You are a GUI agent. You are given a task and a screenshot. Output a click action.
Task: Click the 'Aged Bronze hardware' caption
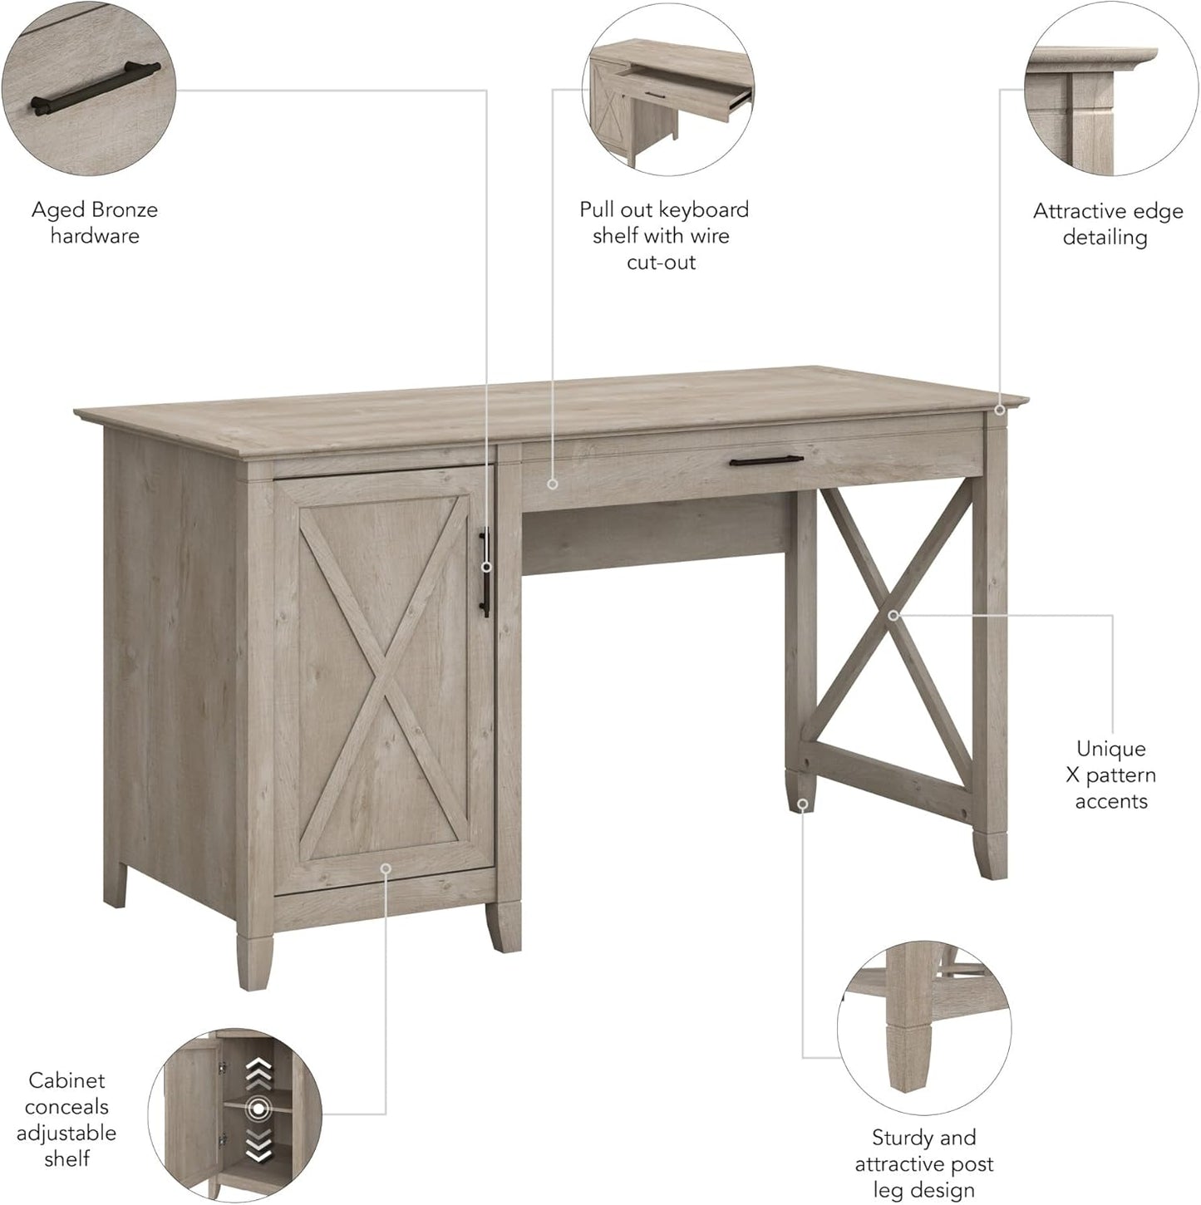95,223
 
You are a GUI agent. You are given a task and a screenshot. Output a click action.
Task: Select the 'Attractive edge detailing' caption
1107,224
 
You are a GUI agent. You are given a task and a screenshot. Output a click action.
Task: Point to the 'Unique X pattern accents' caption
1110,775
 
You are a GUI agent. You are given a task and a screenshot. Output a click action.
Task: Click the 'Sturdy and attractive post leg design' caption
923,1163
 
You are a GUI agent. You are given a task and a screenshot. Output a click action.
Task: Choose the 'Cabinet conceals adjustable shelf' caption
66,1119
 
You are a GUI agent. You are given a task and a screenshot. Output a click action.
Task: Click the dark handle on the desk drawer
766,460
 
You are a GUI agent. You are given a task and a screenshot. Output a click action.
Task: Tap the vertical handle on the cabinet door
485,573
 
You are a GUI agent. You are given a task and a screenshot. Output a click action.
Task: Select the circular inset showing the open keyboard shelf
670,90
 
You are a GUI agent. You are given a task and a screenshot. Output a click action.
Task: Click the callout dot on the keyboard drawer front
552,483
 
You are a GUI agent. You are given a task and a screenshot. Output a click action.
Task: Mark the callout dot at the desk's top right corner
1000,410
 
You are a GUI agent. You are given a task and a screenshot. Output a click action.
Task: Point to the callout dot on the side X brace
893,616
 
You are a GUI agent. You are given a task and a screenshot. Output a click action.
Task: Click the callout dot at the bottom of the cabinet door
386,868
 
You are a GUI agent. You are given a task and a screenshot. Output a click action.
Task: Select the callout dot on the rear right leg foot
802,804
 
